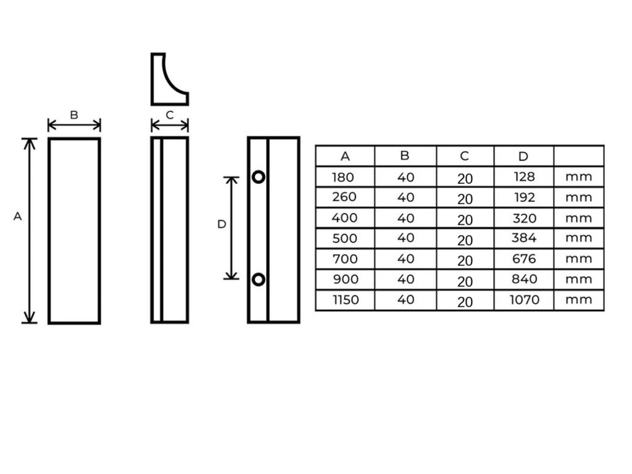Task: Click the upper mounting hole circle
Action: coord(259,172)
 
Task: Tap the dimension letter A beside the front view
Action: coord(17,217)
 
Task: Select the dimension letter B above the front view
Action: coord(74,115)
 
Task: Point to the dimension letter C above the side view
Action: coord(170,115)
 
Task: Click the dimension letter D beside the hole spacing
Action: coord(222,224)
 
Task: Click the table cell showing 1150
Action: coord(346,300)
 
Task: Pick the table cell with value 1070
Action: coord(524,299)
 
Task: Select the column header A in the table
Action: coord(345,156)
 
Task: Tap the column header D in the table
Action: coord(523,156)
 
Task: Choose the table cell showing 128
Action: coord(525,177)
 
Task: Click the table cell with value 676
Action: coord(524,259)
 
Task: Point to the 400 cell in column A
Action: coord(344,218)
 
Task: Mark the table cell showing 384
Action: coord(524,238)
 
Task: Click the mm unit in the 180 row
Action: coord(578,177)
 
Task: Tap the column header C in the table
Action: coord(464,156)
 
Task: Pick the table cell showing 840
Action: coord(525,279)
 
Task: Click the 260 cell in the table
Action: coord(344,197)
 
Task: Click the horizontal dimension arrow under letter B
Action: coord(74,125)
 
